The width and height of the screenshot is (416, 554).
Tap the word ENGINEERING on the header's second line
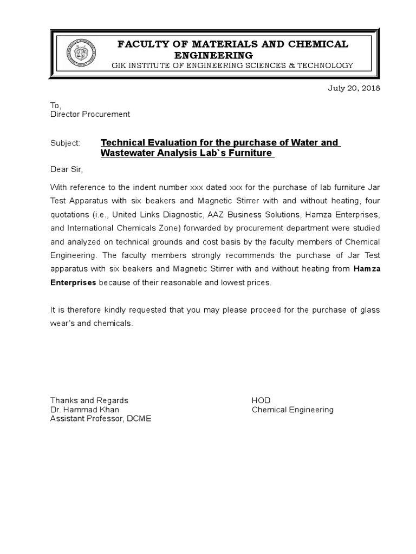coord(213,55)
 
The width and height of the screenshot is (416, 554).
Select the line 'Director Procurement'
coord(90,114)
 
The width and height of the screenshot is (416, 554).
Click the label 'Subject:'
coord(65,143)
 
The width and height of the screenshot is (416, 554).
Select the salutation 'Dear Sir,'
coord(67,170)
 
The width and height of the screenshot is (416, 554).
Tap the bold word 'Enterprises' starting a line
coord(73,282)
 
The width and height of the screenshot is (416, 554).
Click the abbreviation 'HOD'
coord(261,400)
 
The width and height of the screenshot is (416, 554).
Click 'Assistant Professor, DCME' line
coord(101,419)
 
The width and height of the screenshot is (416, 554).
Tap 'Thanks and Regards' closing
coord(89,400)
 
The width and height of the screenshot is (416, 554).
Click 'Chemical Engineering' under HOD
coord(292,410)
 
